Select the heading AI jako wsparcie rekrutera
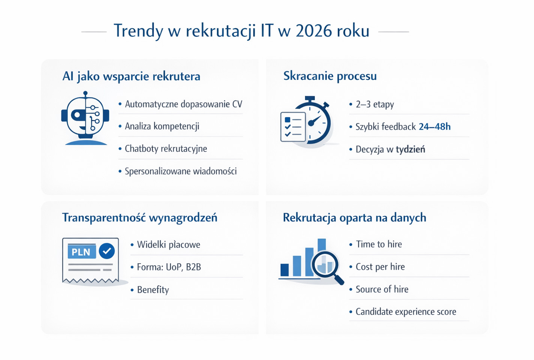pos(131,76)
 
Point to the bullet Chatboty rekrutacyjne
pos(166,148)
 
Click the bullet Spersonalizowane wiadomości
pos(181,171)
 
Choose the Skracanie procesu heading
pos(330,76)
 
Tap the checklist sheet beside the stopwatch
pos(293,127)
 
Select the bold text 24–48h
pos(434,127)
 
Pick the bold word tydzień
pos(410,149)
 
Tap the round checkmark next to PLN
pos(107,251)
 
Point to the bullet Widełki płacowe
pos(168,245)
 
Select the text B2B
pos(193,267)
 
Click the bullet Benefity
pos(153,290)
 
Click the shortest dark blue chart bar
pos(284,270)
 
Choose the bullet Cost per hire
pos(380,267)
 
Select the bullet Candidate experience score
pos(405,312)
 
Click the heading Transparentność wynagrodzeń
pos(139,217)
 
